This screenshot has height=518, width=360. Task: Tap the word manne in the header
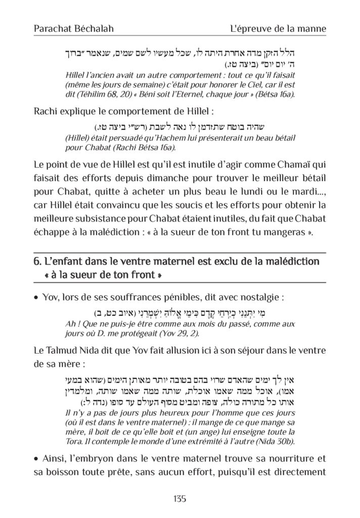tap(312, 29)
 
